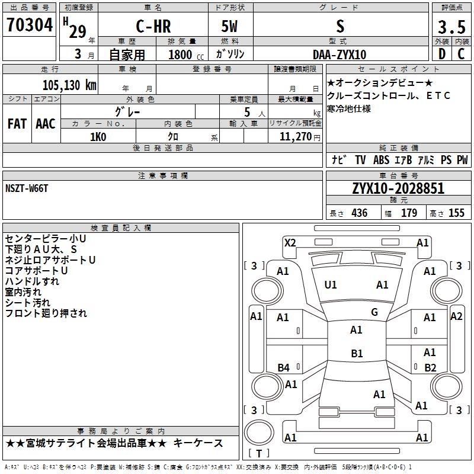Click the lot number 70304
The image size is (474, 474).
[30, 25]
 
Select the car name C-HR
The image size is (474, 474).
[153, 26]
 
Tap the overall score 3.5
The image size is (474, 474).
[451, 27]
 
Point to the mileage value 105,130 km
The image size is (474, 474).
[69, 85]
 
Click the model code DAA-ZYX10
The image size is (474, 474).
[340, 55]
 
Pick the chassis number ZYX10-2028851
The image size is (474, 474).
[398, 188]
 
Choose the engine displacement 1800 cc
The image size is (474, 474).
[186, 55]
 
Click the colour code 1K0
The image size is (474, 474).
[98, 137]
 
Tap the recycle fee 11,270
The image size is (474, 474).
[296, 137]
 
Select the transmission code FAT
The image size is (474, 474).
[17, 124]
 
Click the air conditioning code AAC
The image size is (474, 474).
[46, 124]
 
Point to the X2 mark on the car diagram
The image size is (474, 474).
[290, 243]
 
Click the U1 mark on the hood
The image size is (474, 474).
[331, 285]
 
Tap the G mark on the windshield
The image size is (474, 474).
[374, 312]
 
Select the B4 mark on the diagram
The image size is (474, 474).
[283, 367]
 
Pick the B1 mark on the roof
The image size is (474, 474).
[357, 353]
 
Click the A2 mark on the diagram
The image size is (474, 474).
[456, 316]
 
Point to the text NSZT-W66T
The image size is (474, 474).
[27, 188]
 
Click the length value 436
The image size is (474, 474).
[360, 213]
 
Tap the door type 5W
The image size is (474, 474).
[229, 26]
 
